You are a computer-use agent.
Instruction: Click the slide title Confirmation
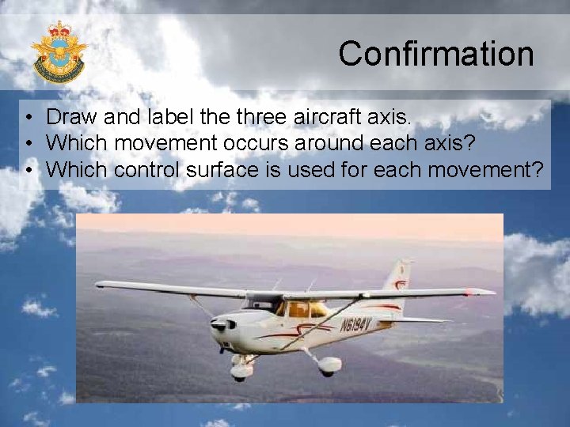(436, 54)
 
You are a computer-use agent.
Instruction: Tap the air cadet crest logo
(59, 52)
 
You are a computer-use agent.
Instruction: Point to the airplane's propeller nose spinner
(215, 325)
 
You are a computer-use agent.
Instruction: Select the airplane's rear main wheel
(329, 365)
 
